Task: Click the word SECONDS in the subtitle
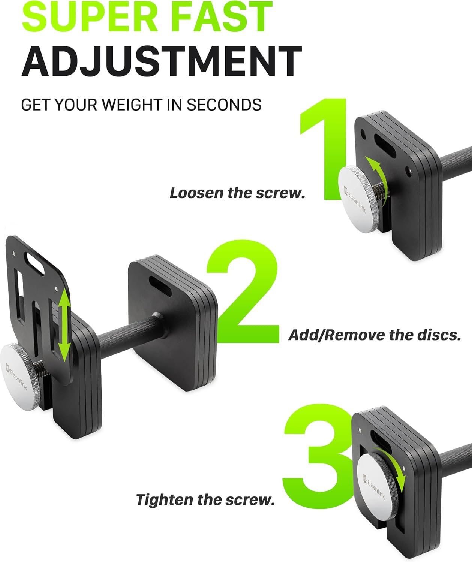(224, 105)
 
